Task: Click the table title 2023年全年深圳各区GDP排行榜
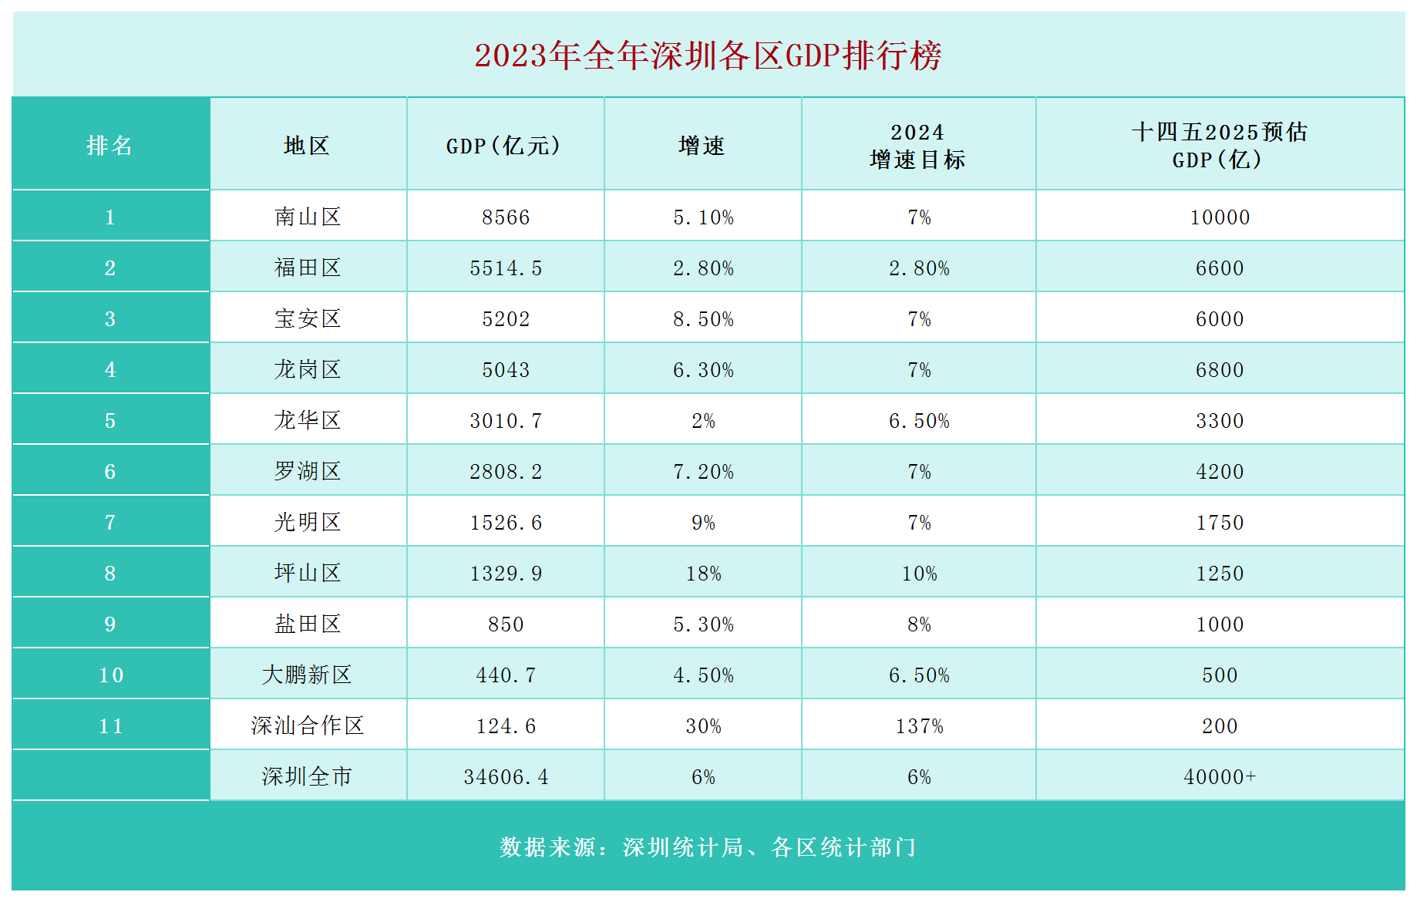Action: pyautogui.click(x=708, y=56)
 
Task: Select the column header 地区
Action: pyautogui.click(x=307, y=146)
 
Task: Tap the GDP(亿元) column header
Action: pyautogui.click(x=504, y=146)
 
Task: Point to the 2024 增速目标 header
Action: pyautogui.click(x=917, y=146)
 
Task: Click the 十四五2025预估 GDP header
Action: pyautogui.click(x=1219, y=146)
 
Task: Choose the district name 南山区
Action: pyautogui.click(x=307, y=217)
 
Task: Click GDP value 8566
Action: pyautogui.click(x=506, y=217)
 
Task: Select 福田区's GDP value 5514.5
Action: pyautogui.click(x=506, y=268)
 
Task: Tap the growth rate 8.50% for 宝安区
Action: pyautogui.click(x=703, y=319)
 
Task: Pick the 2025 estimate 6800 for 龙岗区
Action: pyautogui.click(x=1220, y=370)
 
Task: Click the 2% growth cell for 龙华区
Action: pyautogui.click(x=703, y=421)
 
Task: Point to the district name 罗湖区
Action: pyautogui.click(x=307, y=471)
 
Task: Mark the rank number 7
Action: pyautogui.click(x=110, y=523)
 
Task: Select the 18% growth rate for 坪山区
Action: pyautogui.click(x=703, y=574)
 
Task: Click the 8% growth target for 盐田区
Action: pyautogui.click(x=919, y=624)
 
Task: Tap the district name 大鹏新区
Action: pyautogui.click(x=307, y=675)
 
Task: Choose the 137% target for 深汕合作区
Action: pyautogui.click(x=919, y=726)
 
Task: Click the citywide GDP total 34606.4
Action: pyautogui.click(x=506, y=777)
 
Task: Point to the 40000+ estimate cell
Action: pyautogui.click(x=1220, y=777)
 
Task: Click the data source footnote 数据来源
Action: pyautogui.click(x=708, y=847)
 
